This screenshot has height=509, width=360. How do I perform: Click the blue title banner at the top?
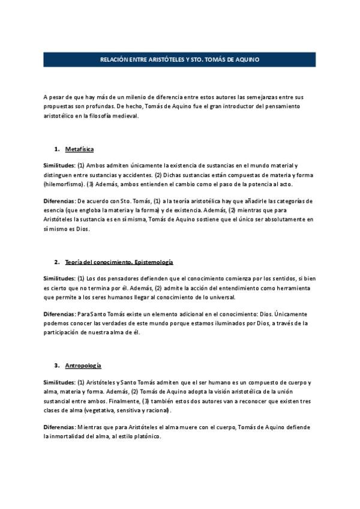coord(179,59)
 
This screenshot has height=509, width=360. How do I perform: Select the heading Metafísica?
coord(79,149)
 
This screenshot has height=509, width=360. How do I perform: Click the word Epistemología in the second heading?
coord(151,262)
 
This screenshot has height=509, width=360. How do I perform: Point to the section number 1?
coord(56,149)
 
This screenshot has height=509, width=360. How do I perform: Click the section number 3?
coord(56,366)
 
